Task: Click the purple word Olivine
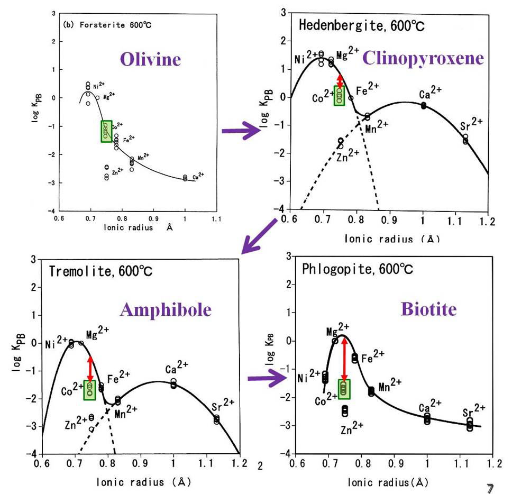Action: tap(150, 59)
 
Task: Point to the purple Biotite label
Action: tap(429, 308)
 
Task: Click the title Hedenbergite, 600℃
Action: tap(361, 25)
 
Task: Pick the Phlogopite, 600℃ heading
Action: tap(358, 269)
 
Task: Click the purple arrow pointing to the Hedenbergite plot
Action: tap(241, 131)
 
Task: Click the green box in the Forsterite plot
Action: tap(106, 131)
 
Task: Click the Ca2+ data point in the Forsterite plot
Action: tap(185, 178)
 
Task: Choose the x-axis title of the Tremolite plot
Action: tap(140, 482)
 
